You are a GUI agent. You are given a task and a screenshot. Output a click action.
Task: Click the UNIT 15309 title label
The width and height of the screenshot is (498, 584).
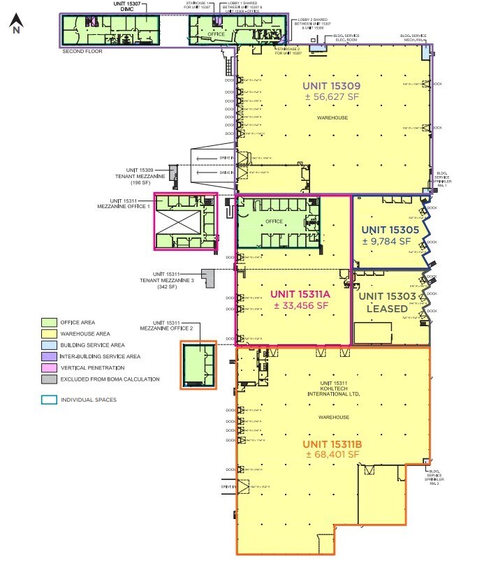pos(332,87)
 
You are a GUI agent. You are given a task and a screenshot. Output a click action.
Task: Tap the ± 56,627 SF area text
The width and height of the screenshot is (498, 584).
pos(332,98)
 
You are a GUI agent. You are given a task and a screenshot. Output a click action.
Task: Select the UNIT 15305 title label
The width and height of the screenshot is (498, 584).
pos(390,229)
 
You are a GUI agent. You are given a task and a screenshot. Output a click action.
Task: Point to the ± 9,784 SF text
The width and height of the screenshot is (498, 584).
pos(390,241)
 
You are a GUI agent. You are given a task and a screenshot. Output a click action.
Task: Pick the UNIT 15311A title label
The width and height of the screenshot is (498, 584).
pos(299,294)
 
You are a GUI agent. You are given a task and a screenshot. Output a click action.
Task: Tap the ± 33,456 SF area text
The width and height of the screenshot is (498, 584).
pos(299,305)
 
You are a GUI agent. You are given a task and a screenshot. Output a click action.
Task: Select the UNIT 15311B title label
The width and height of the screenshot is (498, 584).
pos(332,444)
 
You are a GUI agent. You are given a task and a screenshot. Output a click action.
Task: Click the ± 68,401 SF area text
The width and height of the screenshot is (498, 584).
pos(332,455)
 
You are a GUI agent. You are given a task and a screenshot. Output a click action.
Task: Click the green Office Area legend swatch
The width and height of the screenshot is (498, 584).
pos(48,322)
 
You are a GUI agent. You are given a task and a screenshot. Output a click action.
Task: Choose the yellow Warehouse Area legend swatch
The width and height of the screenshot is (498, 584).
pos(48,333)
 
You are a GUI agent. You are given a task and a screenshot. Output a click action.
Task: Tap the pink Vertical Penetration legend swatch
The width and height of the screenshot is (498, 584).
pos(48,367)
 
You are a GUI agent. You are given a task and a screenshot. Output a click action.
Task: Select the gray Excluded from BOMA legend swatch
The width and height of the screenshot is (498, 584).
pos(48,379)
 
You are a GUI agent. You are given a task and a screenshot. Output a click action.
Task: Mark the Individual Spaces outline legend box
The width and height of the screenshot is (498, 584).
pos(48,400)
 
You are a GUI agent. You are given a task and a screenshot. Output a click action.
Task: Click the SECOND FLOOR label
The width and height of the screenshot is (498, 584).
pos(83,51)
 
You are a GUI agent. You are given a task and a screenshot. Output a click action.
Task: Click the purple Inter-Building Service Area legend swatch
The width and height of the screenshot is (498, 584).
pos(48,356)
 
